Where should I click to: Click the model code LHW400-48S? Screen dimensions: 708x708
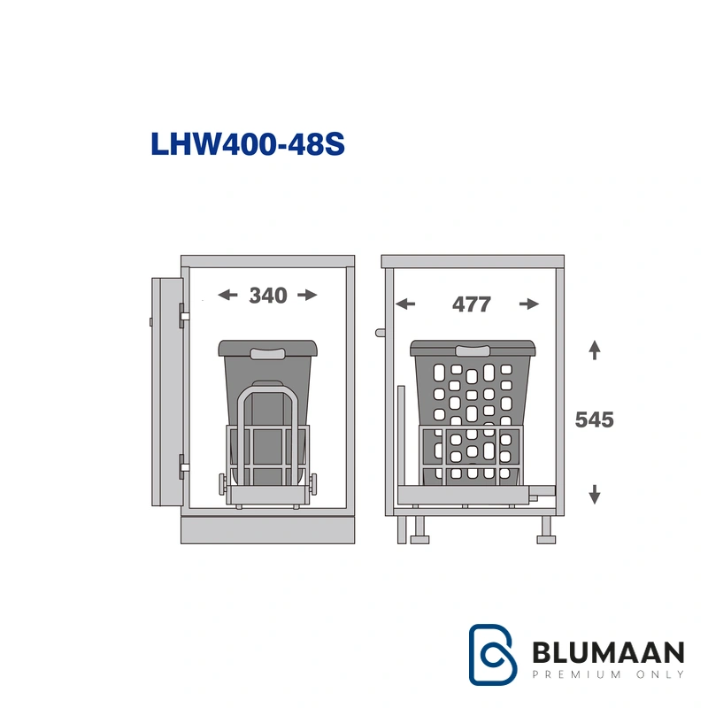248,144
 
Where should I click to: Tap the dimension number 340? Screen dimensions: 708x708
268,296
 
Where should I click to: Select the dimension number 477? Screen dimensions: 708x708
472,304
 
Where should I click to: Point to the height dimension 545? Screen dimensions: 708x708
594,419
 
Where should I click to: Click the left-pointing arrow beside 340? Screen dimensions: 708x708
227,295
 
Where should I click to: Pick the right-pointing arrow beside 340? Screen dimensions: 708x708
307,295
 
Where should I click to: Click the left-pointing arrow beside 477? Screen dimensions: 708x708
405,304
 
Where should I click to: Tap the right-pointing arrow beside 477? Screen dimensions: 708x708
529,304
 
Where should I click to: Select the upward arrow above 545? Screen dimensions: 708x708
595,350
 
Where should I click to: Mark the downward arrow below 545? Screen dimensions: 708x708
595,495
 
